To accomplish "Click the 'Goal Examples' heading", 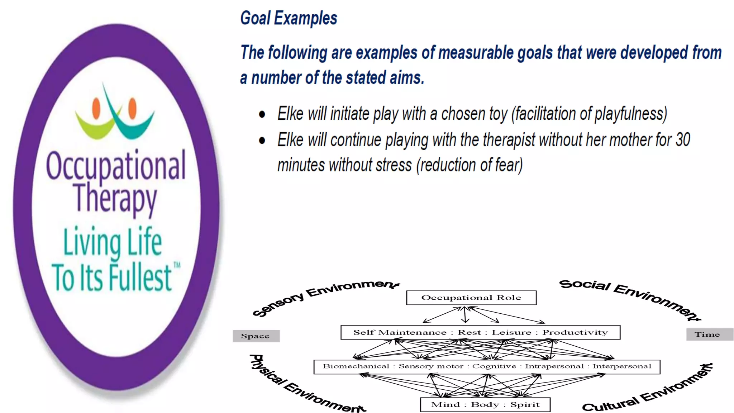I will (x=289, y=18).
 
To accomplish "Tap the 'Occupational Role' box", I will (x=471, y=298).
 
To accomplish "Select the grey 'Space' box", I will (x=256, y=336).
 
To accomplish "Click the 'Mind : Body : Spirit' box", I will (x=485, y=405).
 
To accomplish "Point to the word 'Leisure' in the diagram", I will (x=511, y=332).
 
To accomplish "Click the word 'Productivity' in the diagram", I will (x=575, y=332).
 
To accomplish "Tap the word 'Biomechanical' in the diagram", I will (x=356, y=366).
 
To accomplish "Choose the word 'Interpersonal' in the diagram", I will (x=621, y=366).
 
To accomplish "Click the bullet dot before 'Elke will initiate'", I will (x=262, y=115).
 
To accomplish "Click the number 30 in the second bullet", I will (x=682, y=140).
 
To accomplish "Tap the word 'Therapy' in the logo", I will (x=115, y=198).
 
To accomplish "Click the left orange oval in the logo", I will (x=96, y=108).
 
